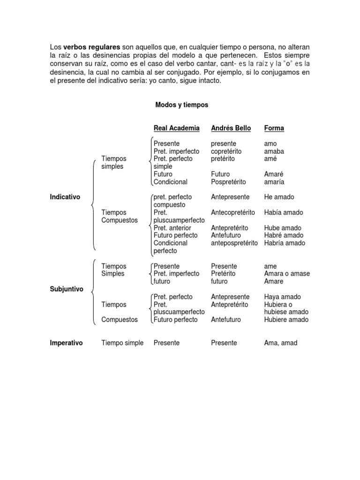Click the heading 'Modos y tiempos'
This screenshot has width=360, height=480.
[181, 105]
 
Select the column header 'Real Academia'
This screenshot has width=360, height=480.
[176, 128]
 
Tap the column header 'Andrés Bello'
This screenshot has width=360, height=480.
[231, 128]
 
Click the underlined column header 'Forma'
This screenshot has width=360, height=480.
[274, 128]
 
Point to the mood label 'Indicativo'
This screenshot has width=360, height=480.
[65, 197]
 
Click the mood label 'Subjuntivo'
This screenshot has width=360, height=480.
[66, 289]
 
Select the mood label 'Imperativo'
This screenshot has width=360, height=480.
[66, 343]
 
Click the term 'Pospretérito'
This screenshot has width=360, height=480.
[228, 182]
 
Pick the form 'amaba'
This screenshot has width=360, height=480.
[274, 151]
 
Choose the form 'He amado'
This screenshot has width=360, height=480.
[279, 197]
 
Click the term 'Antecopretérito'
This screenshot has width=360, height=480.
[233, 212]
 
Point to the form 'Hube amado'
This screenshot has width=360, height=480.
[283, 228]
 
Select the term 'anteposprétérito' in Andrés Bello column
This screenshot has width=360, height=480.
[234, 243]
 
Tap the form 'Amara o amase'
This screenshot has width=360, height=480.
[287, 273]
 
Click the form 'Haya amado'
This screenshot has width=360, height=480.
[283, 297]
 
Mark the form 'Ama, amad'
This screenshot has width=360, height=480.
[281, 343]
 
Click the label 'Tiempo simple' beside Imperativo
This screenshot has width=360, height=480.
[122, 343]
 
